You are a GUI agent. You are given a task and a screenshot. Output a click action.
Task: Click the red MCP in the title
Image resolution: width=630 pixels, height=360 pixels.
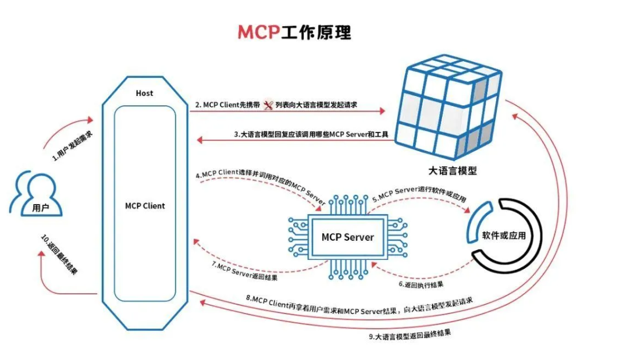tap(258, 32)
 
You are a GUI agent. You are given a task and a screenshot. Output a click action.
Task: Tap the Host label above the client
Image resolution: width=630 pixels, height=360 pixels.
tap(144, 93)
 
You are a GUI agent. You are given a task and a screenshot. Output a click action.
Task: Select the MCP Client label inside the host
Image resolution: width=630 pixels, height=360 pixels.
tap(145, 206)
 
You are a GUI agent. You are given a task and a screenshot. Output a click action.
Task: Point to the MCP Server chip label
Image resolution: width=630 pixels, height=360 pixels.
tap(347, 237)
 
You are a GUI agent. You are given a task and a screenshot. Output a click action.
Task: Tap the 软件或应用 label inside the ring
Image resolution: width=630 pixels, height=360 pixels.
tap(504, 236)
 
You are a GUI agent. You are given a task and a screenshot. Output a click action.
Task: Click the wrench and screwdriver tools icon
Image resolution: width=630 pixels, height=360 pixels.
tap(268, 105)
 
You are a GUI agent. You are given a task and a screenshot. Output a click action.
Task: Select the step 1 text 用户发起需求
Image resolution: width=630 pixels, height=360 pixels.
tap(71, 145)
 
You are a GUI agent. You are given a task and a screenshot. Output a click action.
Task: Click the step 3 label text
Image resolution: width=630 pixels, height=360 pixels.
tap(311, 135)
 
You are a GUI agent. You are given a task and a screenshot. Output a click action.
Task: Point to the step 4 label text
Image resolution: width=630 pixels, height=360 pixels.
tap(260, 183)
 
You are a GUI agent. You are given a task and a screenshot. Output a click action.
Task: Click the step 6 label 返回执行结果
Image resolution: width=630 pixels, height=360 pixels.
tap(421, 284)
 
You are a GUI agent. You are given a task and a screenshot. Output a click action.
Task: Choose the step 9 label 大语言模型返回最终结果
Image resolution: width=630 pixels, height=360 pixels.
tap(410, 336)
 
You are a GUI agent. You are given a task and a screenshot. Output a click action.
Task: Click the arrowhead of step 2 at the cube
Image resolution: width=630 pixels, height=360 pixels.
tap(382, 110)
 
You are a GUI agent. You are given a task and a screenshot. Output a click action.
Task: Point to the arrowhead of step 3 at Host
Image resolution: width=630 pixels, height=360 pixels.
tap(198, 140)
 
